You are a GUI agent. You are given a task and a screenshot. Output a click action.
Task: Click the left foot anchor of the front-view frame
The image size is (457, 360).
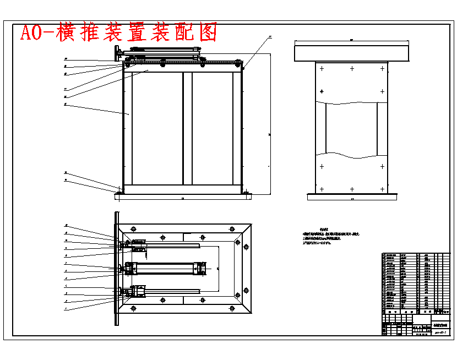coord(119,193)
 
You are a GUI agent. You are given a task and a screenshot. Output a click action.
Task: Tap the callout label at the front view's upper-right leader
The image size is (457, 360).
coord(270,38)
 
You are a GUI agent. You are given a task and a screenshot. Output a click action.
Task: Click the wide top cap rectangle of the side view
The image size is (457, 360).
coord(352,53)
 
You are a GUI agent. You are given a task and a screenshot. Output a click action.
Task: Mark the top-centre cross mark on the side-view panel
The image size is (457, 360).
coord(352,69)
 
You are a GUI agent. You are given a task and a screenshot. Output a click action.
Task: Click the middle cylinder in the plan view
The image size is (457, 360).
coord(165,268)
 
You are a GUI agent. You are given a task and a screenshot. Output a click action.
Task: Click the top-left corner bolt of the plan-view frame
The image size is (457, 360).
coord(132,228)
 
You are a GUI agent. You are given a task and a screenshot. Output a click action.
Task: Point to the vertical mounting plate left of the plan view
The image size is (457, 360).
coord(116,269)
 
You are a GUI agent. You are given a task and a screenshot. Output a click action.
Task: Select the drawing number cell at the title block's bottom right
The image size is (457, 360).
coord(440,332)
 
